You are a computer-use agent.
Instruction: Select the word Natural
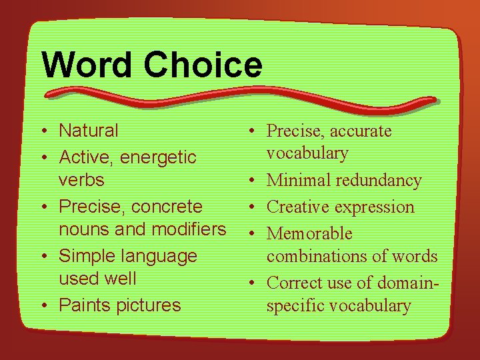tap(89, 131)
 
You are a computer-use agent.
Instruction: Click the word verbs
tap(81, 180)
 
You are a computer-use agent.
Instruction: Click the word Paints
tap(83, 305)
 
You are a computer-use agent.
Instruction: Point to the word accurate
tap(359, 131)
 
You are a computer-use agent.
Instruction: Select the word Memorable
tap(309, 234)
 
